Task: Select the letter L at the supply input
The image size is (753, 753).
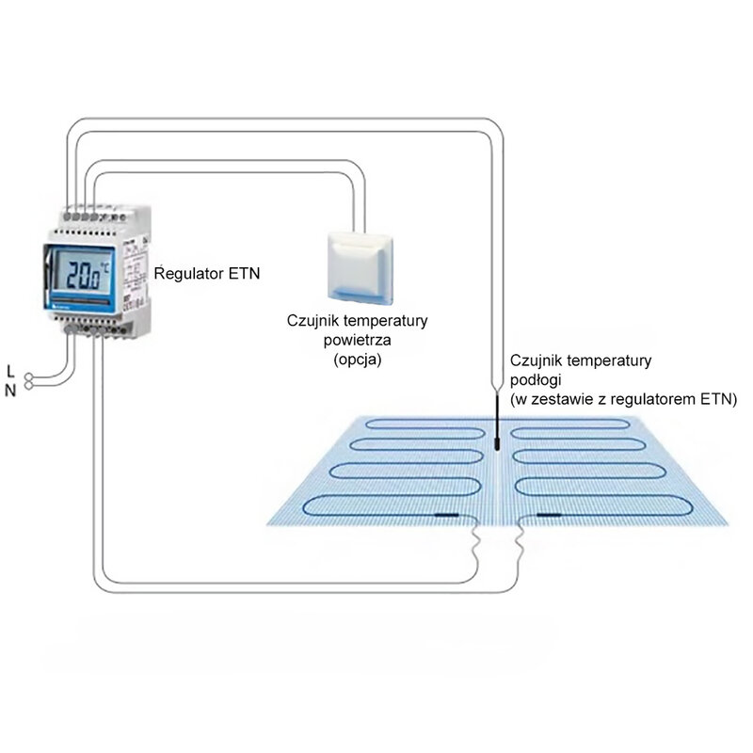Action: [x=10, y=369]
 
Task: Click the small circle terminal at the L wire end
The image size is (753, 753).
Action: [x=30, y=375]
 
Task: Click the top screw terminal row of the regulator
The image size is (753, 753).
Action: [x=87, y=215]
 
